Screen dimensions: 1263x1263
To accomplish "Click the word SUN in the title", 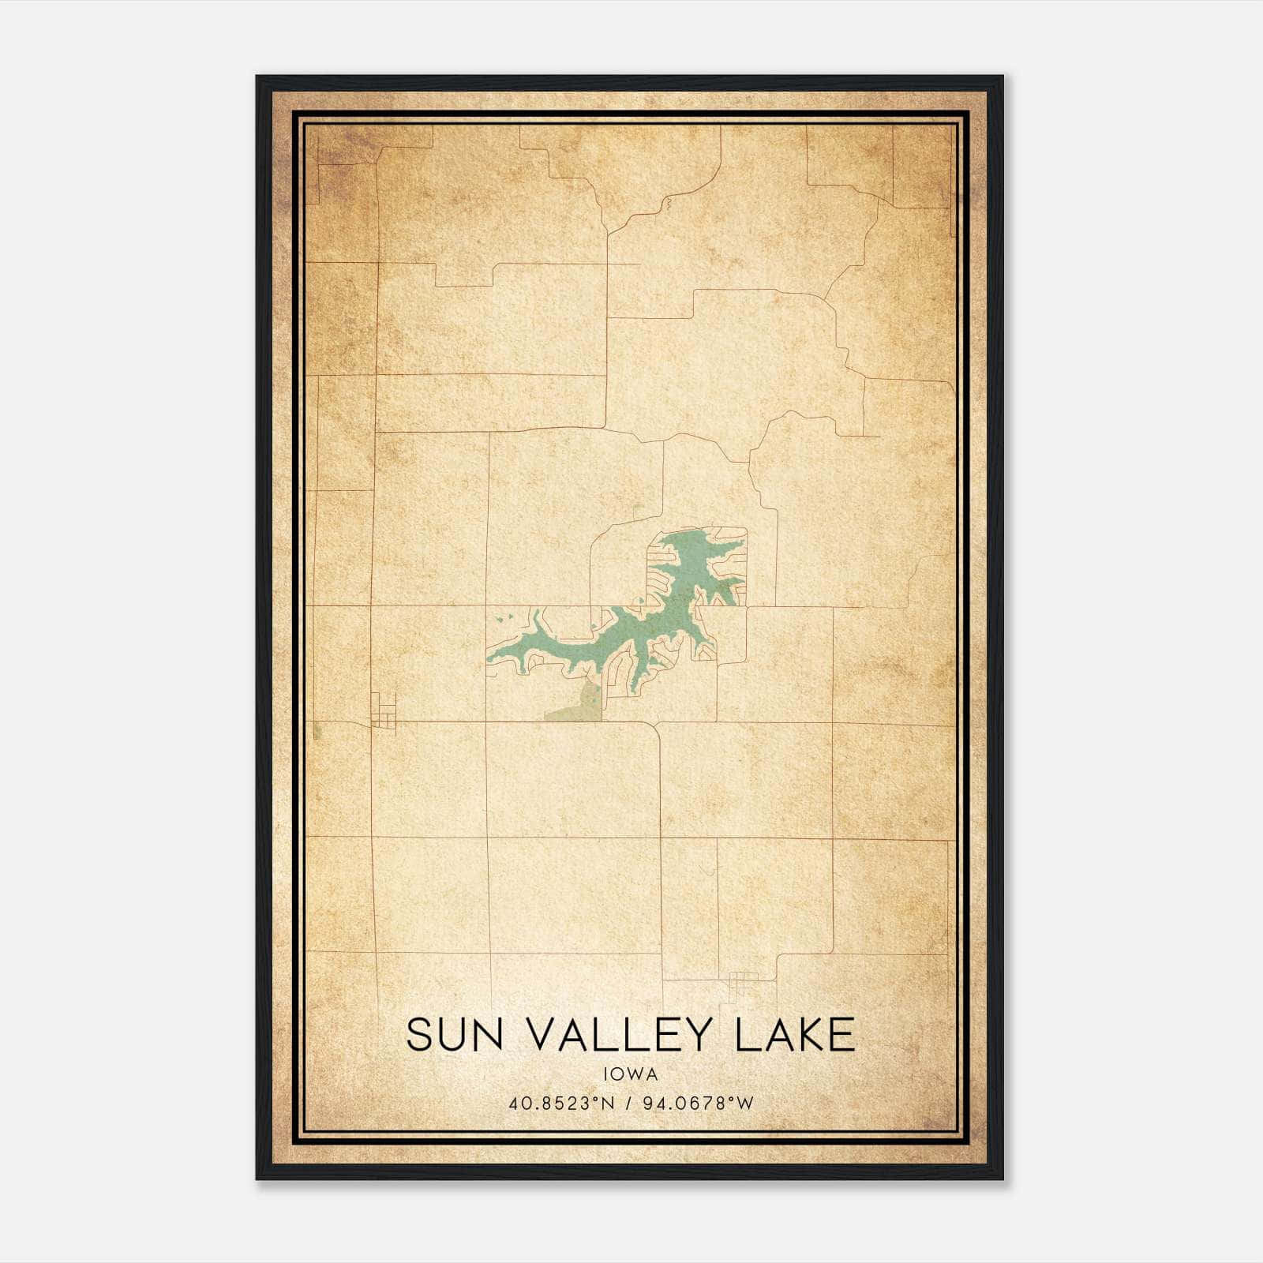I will click(x=455, y=1034).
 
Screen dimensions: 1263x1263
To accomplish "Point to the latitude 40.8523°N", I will click(x=561, y=1103).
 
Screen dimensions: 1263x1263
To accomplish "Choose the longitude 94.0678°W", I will click(x=696, y=1103).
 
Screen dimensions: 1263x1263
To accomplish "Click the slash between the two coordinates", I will click(x=630, y=1103).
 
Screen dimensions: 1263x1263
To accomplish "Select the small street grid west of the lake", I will click(x=384, y=710).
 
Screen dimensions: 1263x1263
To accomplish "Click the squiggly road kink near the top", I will click(x=668, y=205).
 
